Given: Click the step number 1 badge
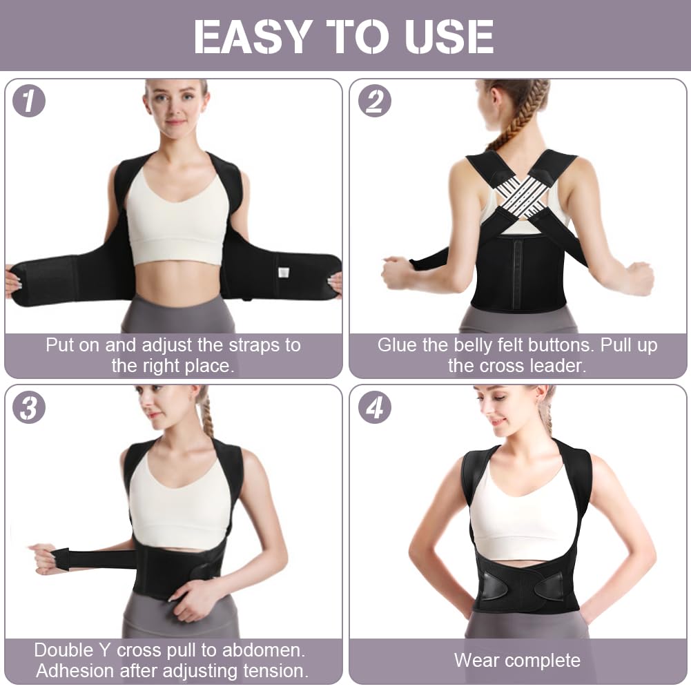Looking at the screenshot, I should pos(29,101).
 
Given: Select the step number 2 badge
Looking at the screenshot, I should pos(374,101).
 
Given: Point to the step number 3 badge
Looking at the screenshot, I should pos(29,407).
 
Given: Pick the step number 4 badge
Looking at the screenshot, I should pos(374,407).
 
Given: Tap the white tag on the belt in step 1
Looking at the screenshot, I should pos(283,272).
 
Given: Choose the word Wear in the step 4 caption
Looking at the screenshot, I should pos(477,661).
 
